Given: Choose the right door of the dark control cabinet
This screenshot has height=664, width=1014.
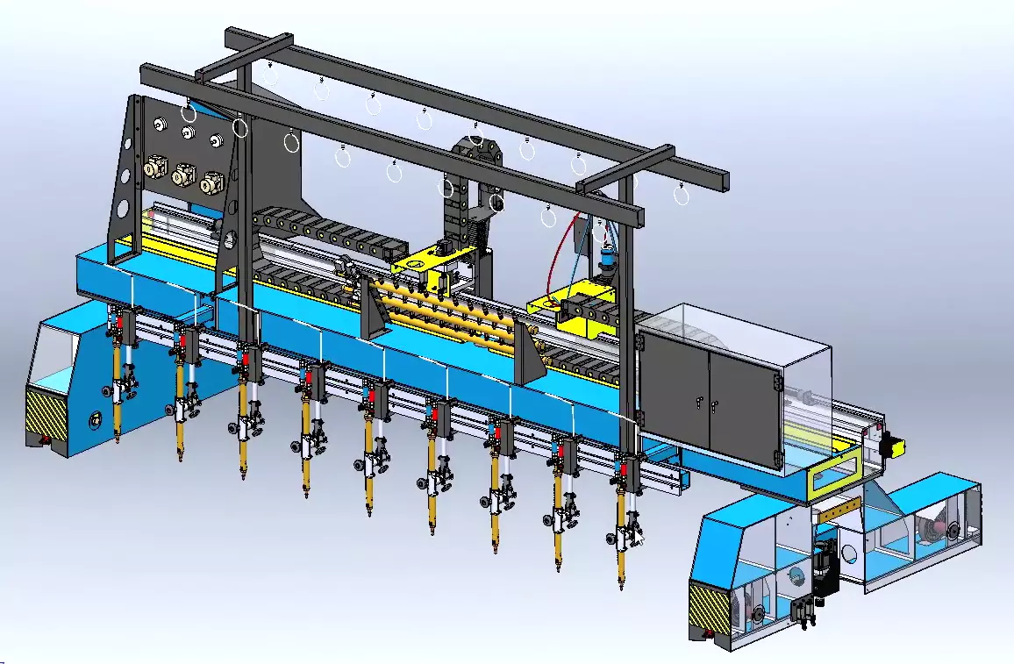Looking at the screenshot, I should [x=744, y=408].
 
